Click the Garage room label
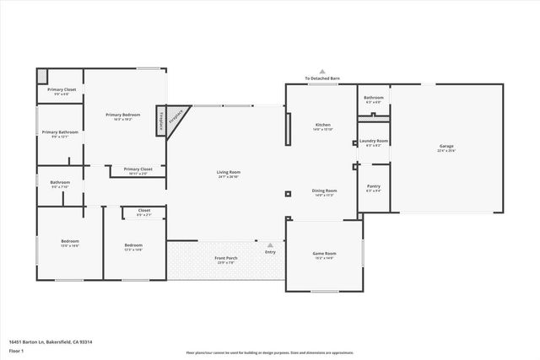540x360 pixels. click(x=445, y=147)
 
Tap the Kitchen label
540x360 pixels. click(x=322, y=125)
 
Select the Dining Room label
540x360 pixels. click(x=325, y=191)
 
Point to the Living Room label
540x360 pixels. click(x=229, y=172)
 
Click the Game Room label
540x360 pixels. click(x=325, y=254)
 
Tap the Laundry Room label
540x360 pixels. click(x=374, y=141)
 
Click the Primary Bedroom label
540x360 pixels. click(x=123, y=115)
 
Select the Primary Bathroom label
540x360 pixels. click(x=60, y=132)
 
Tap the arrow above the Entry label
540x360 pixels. click(x=270, y=245)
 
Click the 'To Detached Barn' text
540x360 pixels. click(x=321, y=78)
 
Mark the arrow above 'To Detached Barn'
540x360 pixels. click(x=321, y=72)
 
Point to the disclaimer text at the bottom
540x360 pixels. click(x=270, y=352)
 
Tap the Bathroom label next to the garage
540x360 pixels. click(x=374, y=98)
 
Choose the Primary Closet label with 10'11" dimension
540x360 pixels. click(x=138, y=169)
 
